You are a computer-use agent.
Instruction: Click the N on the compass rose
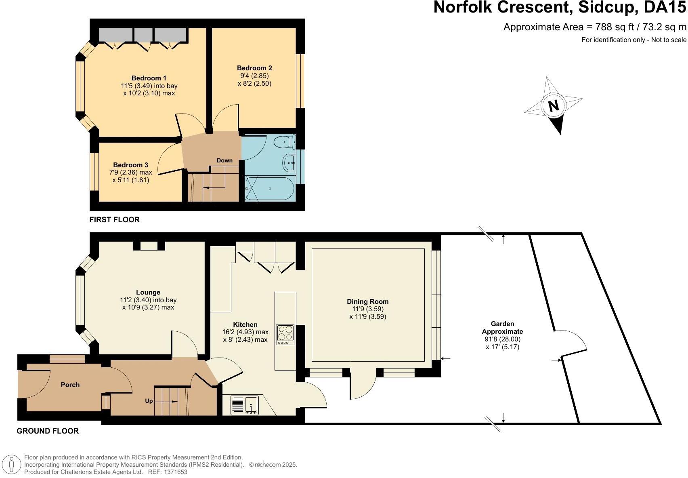[x=553, y=106]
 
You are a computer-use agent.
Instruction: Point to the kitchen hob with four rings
[x=285, y=334]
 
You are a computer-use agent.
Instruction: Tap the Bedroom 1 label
[x=149, y=78]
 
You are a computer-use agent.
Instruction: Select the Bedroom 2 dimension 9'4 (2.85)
[x=254, y=76]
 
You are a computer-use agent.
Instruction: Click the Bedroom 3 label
[x=130, y=165]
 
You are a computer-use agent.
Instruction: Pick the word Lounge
[x=148, y=292]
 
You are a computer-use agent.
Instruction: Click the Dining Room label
[x=367, y=301]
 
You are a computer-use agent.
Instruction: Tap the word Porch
[x=70, y=385]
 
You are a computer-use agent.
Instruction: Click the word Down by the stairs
[x=224, y=160]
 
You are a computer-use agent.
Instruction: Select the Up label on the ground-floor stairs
[x=149, y=401]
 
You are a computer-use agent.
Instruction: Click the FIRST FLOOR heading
[x=114, y=220]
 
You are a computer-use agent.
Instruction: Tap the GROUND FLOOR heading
[x=48, y=431]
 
